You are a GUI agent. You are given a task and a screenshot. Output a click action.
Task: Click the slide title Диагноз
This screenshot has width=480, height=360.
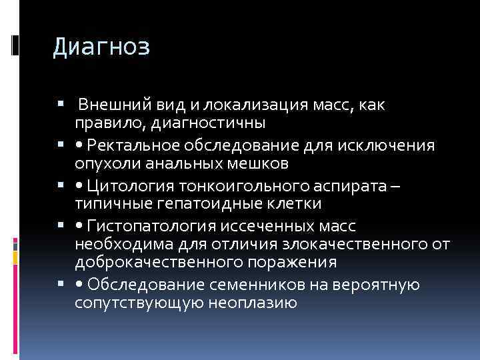coord(101,47)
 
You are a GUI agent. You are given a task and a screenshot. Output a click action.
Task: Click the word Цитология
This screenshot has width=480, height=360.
coord(133,186)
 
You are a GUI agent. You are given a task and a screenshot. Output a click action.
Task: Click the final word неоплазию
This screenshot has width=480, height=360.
coord(253,302)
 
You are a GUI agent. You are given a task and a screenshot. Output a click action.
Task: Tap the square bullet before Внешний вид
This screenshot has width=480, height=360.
coord(61,105)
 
